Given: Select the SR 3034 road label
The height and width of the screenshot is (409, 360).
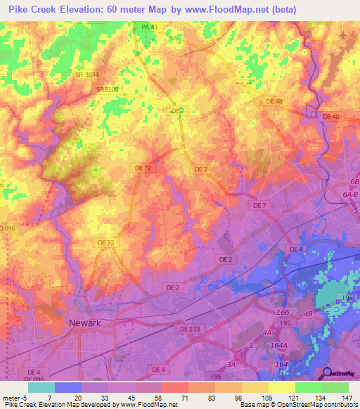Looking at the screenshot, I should pos(88,74).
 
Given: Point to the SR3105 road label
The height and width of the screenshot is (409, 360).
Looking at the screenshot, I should pos(107,89).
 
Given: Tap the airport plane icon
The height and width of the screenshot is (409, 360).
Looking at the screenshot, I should pos(343,35).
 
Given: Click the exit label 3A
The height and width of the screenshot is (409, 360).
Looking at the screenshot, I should pos(231,363).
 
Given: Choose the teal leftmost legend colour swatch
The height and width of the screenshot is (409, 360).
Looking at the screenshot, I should pos(41,387).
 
